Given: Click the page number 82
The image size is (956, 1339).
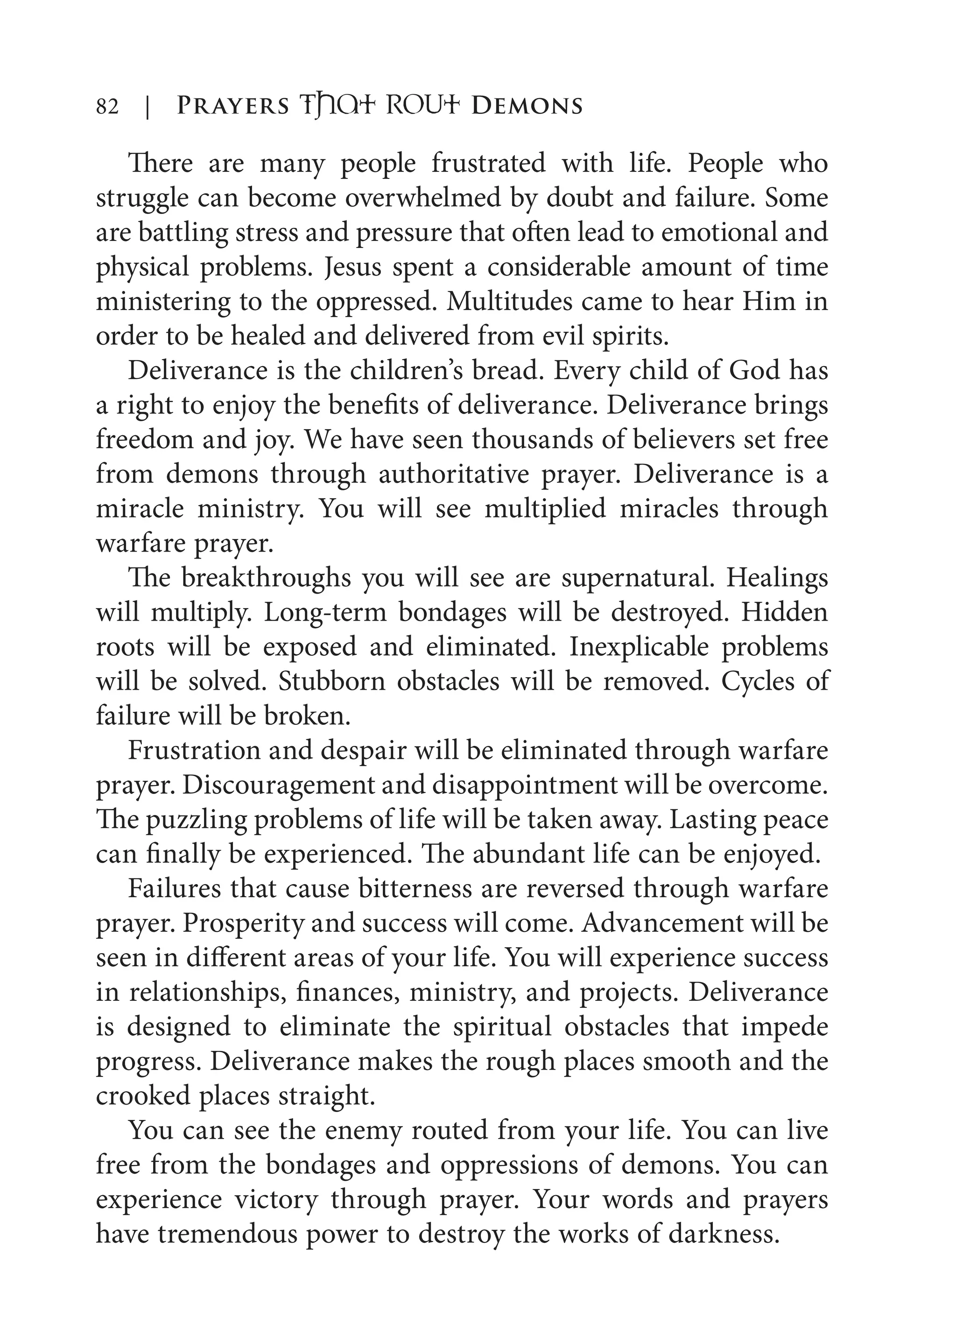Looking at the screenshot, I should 107,106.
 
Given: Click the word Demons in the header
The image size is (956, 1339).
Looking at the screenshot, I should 527,106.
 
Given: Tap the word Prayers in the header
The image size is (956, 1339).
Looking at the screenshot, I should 233,106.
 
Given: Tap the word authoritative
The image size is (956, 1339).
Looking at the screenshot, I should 454,475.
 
